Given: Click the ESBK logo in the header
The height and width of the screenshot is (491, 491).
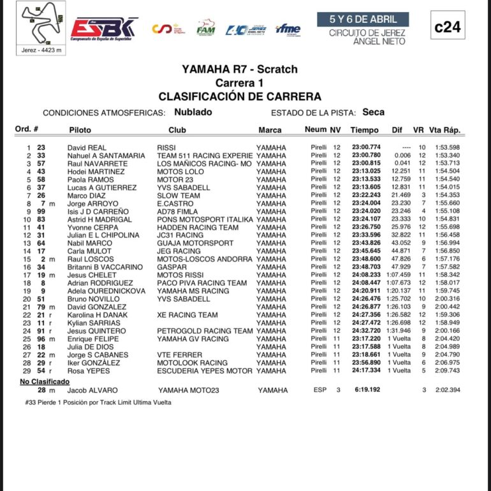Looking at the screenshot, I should (104, 27).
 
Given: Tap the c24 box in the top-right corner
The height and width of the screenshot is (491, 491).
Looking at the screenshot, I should (448, 27).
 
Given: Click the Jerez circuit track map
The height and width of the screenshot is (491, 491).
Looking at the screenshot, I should (41, 24).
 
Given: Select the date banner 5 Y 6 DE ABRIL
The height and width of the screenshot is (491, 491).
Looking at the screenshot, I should (363, 19).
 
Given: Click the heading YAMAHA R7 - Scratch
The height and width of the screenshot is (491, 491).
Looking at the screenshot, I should (239, 70).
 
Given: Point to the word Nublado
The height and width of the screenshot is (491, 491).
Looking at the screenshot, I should (193, 112).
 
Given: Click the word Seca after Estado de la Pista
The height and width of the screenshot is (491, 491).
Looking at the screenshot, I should (373, 112).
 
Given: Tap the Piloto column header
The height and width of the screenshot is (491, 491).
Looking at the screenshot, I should (80, 130).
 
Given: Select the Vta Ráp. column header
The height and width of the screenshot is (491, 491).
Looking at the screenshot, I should (444, 130).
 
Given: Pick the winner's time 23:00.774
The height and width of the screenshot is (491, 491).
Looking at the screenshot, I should (365, 148).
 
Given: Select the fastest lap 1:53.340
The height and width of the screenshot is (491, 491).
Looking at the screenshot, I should (448, 156).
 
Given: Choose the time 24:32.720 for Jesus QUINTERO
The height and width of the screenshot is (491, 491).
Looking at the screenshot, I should (365, 331).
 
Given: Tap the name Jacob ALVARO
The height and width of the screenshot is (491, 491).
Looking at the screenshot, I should (89, 390).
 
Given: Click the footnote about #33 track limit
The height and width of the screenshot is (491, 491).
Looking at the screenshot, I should (98, 402).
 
